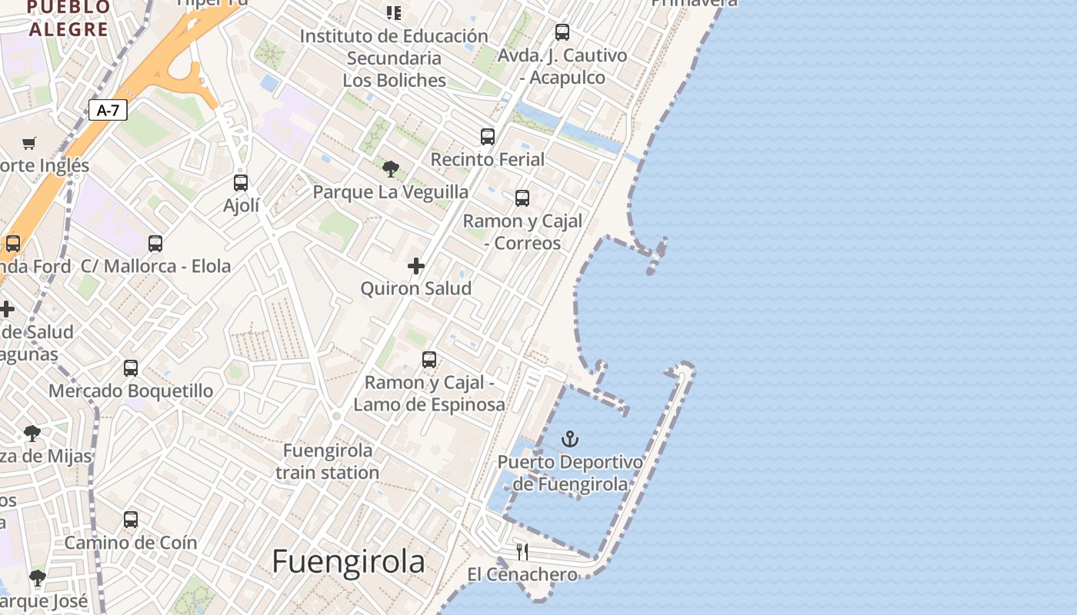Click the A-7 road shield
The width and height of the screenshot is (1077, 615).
(x=108, y=110)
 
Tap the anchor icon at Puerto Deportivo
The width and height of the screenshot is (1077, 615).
(x=570, y=439)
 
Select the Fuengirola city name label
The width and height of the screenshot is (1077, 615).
(x=348, y=562)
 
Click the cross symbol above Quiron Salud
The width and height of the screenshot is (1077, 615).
(x=416, y=266)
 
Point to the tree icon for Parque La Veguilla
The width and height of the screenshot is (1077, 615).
(x=391, y=168)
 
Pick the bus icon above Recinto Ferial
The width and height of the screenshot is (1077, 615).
(x=488, y=136)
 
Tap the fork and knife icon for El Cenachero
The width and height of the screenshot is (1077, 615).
(x=522, y=551)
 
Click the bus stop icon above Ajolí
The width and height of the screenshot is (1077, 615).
(x=241, y=182)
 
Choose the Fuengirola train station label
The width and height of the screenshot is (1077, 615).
(x=328, y=461)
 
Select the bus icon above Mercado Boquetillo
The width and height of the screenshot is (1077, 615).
(x=131, y=367)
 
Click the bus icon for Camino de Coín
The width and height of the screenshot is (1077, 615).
(x=131, y=519)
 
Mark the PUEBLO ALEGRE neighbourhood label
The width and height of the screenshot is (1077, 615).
(x=68, y=19)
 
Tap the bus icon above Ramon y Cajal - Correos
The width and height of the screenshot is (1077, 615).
(x=522, y=198)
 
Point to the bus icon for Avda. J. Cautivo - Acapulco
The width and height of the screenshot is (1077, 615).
(x=562, y=32)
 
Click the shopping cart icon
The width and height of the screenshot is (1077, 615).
(x=29, y=142)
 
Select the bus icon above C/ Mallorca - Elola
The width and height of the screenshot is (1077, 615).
(x=155, y=244)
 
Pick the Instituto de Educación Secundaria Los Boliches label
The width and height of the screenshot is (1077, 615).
(x=394, y=58)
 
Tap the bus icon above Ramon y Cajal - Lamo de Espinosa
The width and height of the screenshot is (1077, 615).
(x=429, y=359)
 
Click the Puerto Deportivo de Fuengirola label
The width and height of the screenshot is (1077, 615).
(x=570, y=473)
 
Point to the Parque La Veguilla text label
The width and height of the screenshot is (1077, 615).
(x=390, y=191)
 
